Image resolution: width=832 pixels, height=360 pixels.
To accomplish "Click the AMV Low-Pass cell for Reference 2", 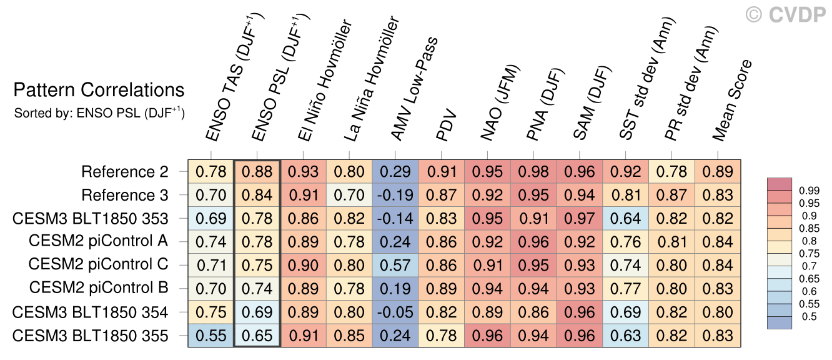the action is click(x=395, y=172).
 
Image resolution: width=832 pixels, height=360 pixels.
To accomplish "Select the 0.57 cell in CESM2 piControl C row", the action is click(x=395, y=265).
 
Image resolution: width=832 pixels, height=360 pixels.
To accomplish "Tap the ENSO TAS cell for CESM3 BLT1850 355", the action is click(x=211, y=336).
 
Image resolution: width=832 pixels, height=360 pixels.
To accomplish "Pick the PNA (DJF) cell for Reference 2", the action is click(x=533, y=172).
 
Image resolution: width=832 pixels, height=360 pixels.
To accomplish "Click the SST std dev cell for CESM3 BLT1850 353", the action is click(x=625, y=219).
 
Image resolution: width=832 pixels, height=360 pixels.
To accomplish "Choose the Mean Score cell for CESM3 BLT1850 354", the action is click(x=718, y=312).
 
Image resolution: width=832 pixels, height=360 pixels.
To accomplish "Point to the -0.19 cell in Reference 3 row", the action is click(x=395, y=195).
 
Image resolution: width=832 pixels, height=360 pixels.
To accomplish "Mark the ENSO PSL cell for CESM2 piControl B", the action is click(x=257, y=289).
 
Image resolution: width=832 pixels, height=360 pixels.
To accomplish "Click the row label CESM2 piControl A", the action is click(x=99, y=241).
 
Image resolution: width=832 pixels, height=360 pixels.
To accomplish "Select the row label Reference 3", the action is click(x=125, y=195).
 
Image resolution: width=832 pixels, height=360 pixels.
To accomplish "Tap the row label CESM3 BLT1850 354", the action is click(x=90, y=312).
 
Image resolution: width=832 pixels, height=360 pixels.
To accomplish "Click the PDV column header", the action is click(x=446, y=125).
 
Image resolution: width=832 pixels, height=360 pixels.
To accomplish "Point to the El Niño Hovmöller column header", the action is click(x=325, y=80).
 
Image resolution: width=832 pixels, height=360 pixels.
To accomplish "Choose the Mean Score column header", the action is click(x=732, y=100).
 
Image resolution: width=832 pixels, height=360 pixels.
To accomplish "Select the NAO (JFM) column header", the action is click(x=500, y=102).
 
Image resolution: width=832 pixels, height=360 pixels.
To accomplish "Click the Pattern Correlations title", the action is click(x=99, y=90).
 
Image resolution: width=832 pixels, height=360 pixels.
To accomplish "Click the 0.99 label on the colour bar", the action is click(x=809, y=191).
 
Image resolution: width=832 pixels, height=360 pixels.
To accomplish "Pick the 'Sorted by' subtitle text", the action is click(x=99, y=112).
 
